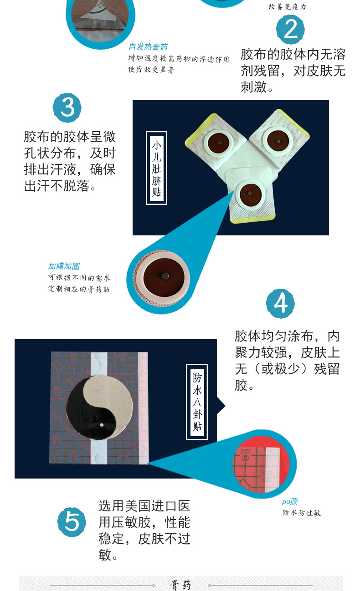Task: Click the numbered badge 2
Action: (290, 30)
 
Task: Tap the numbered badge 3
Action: (67, 107)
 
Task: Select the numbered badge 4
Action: (280, 303)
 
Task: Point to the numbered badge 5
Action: (72, 522)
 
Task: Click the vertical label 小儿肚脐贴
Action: (156, 168)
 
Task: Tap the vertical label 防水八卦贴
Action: (197, 402)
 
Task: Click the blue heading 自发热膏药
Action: (148, 47)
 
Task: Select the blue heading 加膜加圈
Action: (64, 266)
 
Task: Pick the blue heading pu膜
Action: (290, 501)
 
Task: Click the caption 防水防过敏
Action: (302, 513)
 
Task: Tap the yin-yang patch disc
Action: (100, 408)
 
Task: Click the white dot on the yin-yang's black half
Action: (102, 425)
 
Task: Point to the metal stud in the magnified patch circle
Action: (165, 276)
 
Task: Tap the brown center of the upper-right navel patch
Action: (278, 141)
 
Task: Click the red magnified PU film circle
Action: (261, 464)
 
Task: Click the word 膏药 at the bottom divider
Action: (180, 585)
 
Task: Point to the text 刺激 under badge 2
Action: (253, 87)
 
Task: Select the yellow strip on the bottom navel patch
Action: (253, 219)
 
